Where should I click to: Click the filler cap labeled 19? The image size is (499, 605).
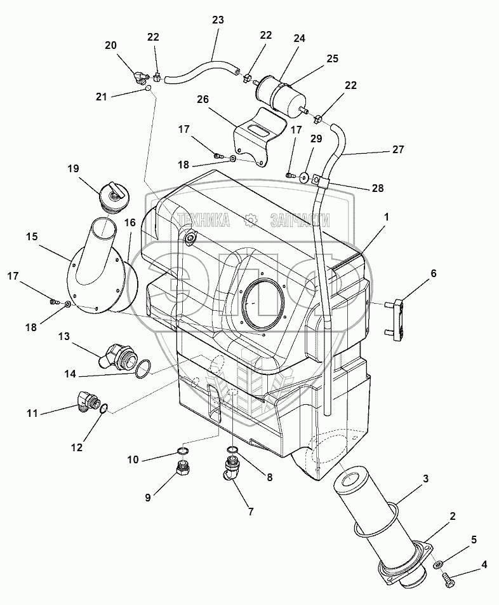coord(114,197)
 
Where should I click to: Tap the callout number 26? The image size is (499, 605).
coord(203,100)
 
